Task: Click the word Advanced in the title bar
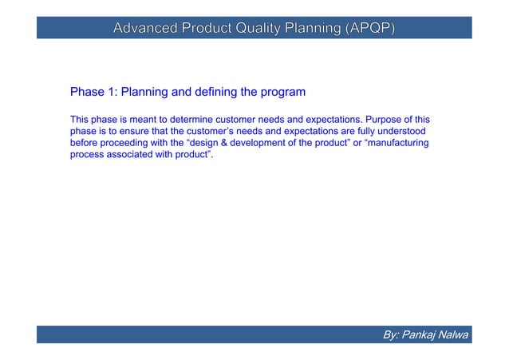[x=146, y=30]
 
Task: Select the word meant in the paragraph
[x=144, y=119]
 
